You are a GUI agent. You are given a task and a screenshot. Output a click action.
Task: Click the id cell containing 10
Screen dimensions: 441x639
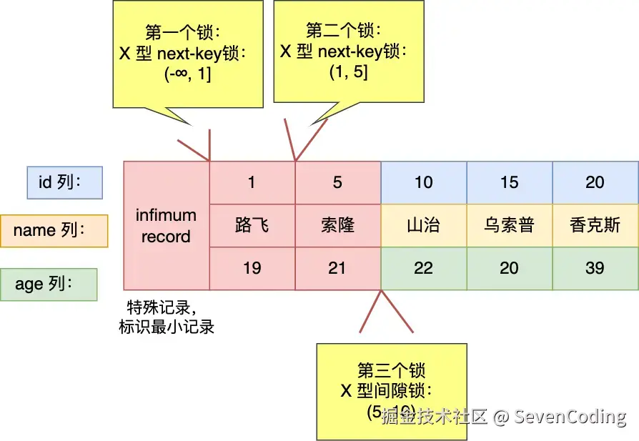click(x=424, y=182)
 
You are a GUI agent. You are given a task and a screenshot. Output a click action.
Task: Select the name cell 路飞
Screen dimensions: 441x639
click(x=252, y=225)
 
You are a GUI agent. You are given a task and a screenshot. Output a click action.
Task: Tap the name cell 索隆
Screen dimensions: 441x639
click(x=337, y=225)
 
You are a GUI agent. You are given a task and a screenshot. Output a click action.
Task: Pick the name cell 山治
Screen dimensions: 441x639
click(x=424, y=225)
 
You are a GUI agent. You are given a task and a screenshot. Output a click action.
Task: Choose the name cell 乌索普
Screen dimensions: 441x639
click(x=510, y=225)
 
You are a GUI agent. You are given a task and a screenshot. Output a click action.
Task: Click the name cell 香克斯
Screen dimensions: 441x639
click(x=595, y=225)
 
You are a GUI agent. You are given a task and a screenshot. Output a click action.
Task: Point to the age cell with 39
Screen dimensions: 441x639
click(x=595, y=268)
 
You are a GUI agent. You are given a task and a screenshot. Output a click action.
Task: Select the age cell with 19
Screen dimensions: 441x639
click(x=252, y=268)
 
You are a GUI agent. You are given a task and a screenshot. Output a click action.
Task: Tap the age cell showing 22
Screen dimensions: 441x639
click(x=424, y=268)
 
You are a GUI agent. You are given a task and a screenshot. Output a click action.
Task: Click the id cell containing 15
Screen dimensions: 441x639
click(x=510, y=182)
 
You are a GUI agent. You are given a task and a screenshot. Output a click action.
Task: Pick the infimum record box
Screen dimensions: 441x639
click(x=166, y=226)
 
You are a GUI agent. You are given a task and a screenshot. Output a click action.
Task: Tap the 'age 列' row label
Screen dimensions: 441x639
click(x=49, y=284)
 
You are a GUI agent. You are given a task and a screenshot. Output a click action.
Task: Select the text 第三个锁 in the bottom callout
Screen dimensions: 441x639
click(x=391, y=370)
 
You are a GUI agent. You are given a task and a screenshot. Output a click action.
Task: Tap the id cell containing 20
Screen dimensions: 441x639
click(x=595, y=182)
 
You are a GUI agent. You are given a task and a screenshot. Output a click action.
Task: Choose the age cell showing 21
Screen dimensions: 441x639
click(x=337, y=268)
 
